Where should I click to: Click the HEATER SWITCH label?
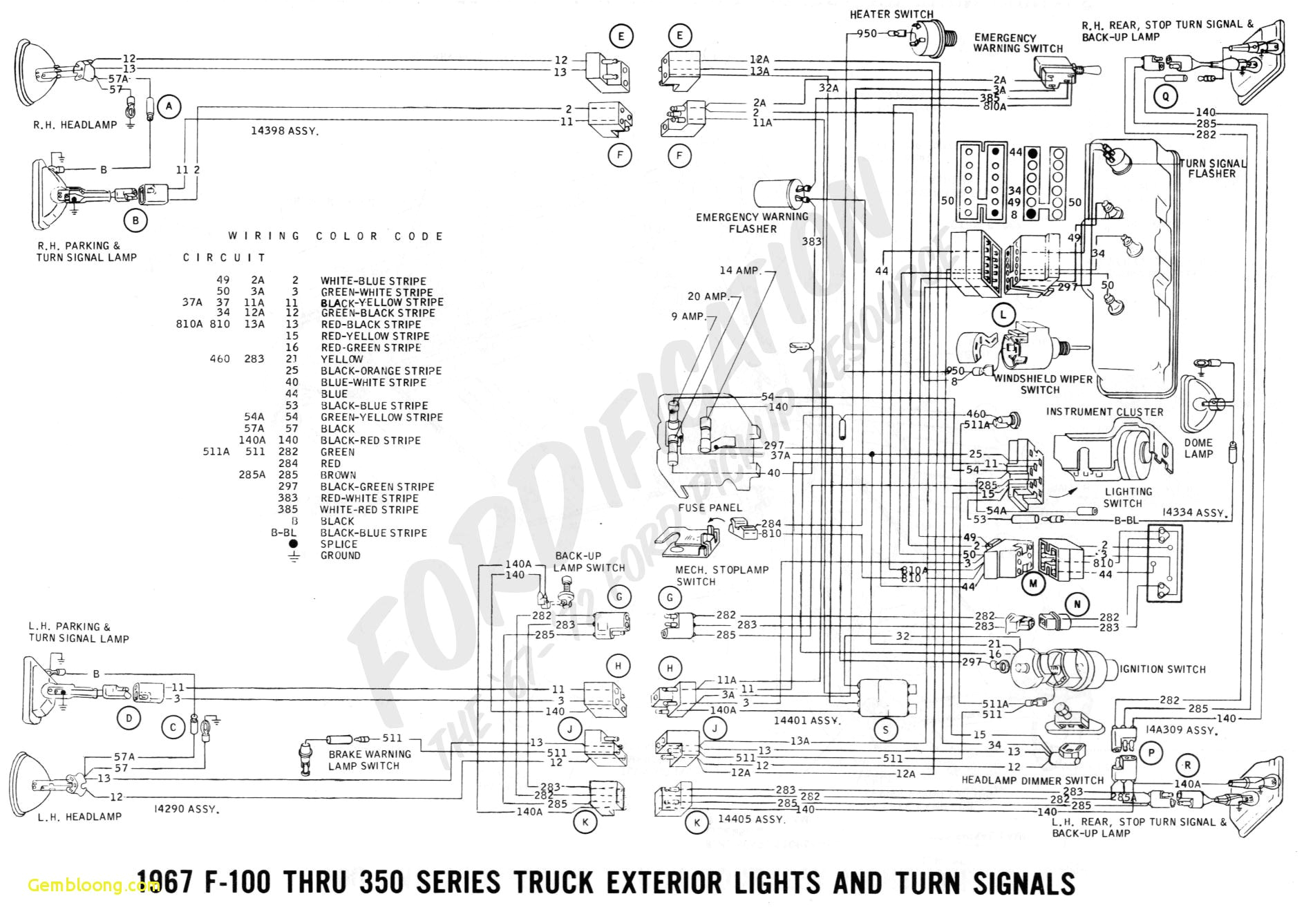(x=891, y=15)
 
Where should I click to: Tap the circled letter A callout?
(x=169, y=106)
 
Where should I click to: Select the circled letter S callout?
(x=885, y=729)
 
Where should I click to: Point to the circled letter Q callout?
(x=1166, y=97)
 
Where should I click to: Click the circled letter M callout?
(x=1033, y=583)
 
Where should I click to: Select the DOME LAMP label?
(x=1198, y=448)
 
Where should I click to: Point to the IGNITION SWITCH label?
(x=1162, y=669)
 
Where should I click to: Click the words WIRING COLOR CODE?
(x=336, y=236)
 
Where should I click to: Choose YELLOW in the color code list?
(x=341, y=359)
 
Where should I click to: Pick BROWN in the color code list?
(x=338, y=475)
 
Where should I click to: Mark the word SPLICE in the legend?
(x=339, y=544)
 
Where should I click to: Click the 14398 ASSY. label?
(x=285, y=131)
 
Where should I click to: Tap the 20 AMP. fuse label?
(x=708, y=296)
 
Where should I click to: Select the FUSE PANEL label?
(x=710, y=508)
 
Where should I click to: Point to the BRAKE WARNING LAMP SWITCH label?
(x=370, y=760)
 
